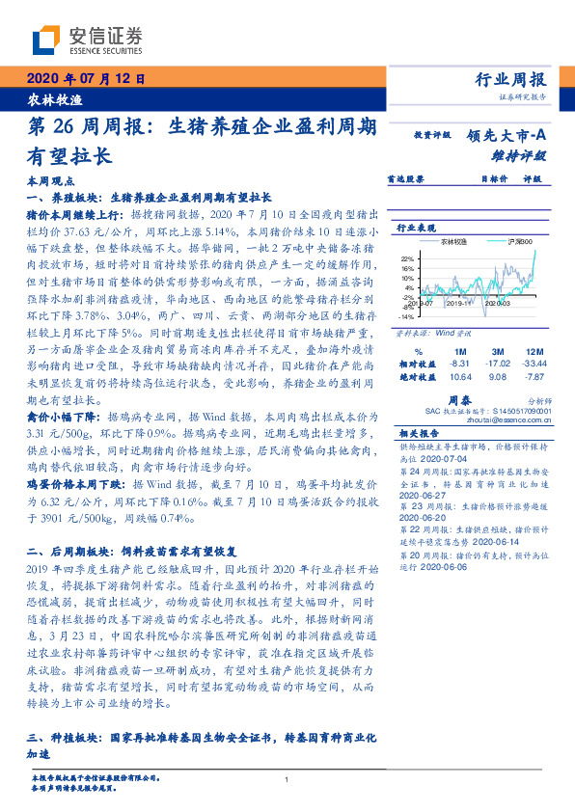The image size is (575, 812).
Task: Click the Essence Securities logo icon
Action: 45,40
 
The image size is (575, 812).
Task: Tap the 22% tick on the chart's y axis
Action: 407,258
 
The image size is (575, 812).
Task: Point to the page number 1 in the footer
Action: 287,780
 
